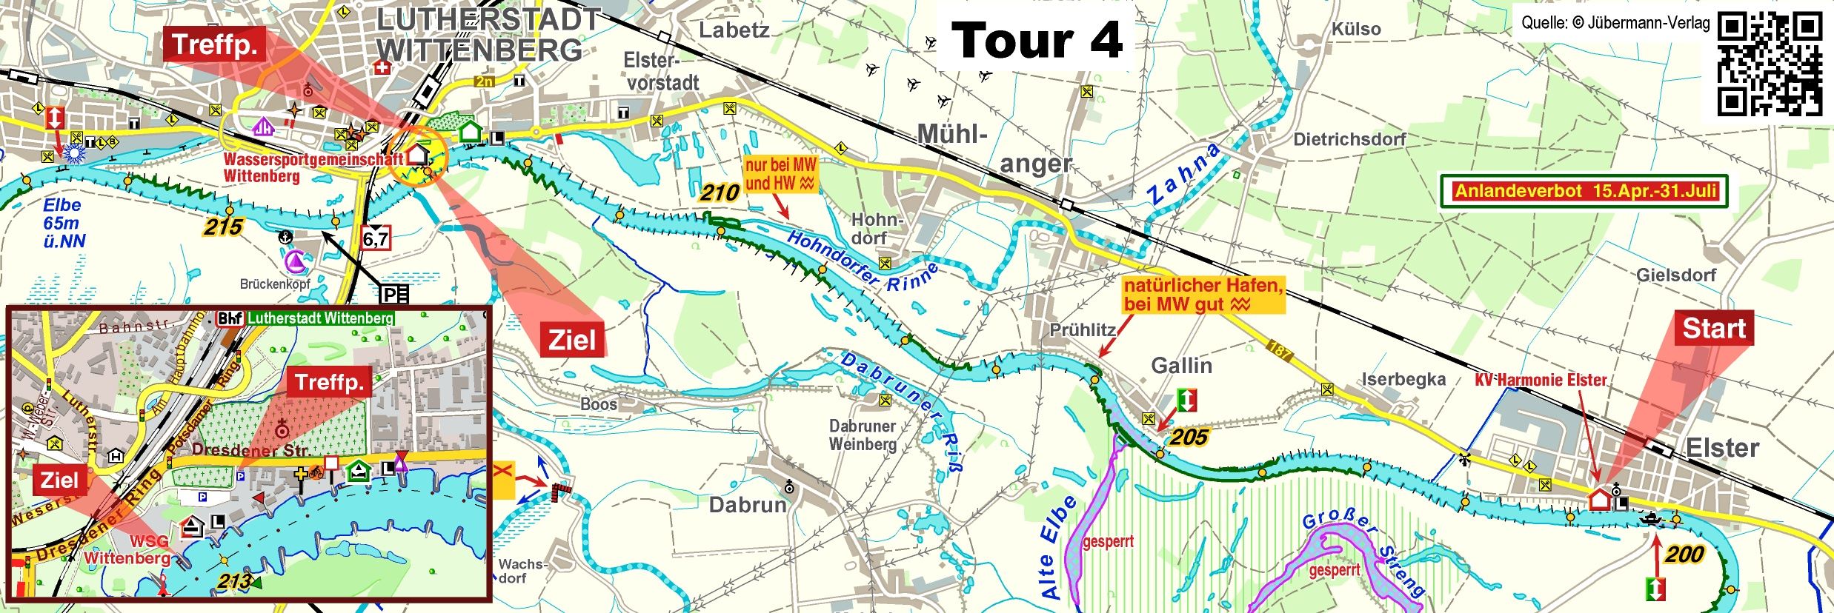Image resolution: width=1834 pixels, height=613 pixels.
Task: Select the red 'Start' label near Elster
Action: [x=1713, y=328]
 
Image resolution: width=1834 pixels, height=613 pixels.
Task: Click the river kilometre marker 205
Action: [x=1189, y=438]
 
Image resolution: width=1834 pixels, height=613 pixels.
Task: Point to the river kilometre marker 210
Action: [x=720, y=193]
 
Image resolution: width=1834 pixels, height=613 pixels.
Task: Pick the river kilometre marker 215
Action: [x=223, y=227]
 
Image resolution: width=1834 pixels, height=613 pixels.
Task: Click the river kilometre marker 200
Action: [x=1684, y=554]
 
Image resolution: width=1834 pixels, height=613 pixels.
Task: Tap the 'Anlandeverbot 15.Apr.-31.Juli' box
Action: [x=1585, y=192]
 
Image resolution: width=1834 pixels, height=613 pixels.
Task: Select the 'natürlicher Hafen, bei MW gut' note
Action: [x=1202, y=295]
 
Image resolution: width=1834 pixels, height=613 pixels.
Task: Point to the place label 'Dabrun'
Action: [x=747, y=505]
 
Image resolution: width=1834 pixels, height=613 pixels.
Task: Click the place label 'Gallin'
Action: [x=1181, y=366]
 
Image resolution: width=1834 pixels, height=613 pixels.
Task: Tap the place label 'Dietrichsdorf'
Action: [x=1349, y=139]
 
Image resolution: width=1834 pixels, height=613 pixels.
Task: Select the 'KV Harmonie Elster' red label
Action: [x=1541, y=380]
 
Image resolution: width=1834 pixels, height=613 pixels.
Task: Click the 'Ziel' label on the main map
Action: [x=571, y=340]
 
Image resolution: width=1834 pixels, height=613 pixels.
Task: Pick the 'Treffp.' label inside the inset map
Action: [x=329, y=383]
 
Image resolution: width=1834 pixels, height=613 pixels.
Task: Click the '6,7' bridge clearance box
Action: [x=375, y=238]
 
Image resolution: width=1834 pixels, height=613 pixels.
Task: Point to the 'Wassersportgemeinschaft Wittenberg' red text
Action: [x=311, y=167]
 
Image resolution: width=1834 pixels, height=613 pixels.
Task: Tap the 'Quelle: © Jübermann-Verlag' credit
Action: [x=1615, y=23]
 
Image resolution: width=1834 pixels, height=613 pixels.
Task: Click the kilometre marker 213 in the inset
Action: [x=234, y=581]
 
